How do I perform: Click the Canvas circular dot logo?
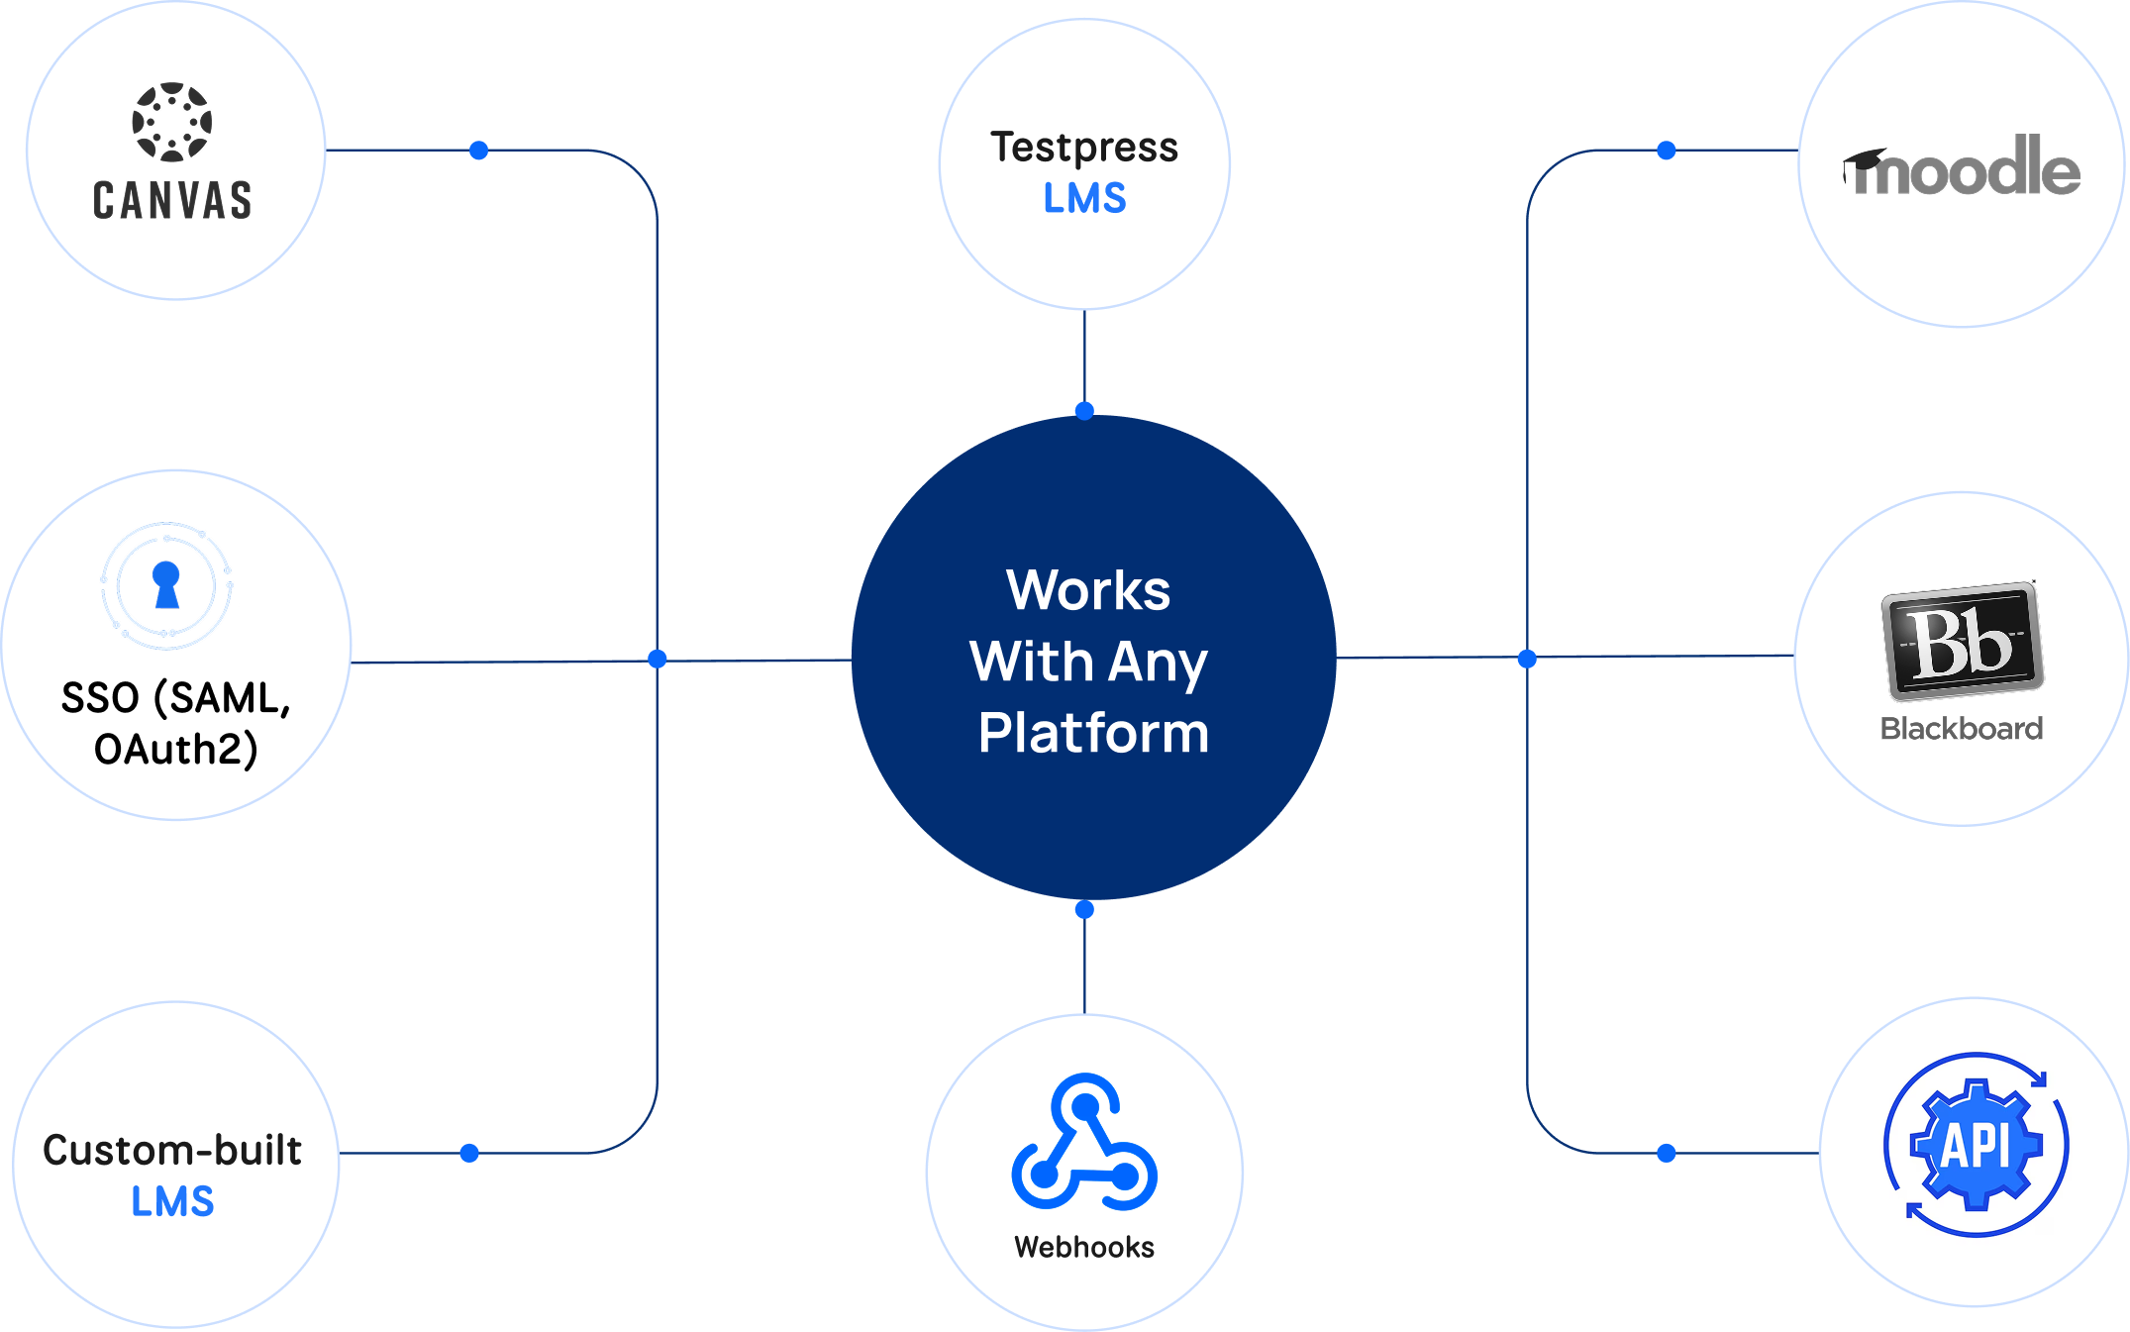pos(172,122)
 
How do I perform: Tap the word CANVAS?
pos(172,200)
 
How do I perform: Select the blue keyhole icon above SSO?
pos(166,585)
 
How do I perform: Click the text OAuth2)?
pos(176,750)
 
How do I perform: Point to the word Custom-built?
pos(172,1150)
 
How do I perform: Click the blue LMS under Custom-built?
pos(172,1201)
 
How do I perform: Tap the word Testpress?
pos(1084,148)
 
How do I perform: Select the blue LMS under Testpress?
pos(1084,199)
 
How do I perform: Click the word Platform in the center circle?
pos(1093,733)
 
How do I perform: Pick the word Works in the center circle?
pos(1088,590)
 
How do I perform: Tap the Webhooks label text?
pos(1084,1247)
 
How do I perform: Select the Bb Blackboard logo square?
pos(1962,640)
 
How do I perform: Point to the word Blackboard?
pos(1962,729)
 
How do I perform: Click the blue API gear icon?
pos(1977,1145)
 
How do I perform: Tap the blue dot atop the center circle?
pos(1084,411)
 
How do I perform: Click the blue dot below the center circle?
pos(1084,909)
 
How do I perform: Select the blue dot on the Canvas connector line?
pos(479,151)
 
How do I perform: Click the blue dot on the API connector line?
pos(1667,1153)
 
